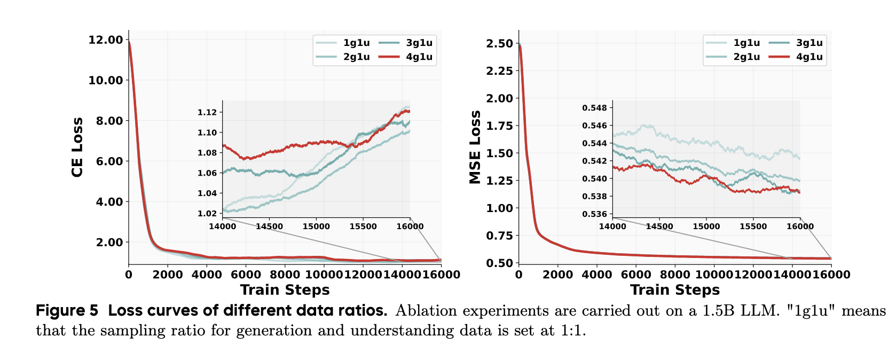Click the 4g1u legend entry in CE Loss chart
pyautogui.click(x=419, y=57)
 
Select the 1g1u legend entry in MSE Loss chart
pyautogui.click(x=746, y=43)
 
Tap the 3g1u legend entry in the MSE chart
pyautogui.click(x=808, y=43)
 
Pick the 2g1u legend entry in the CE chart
pyautogui.click(x=356, y=57)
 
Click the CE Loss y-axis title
pyautogui.click(x=77, y=147)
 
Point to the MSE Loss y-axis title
pyautogui.click(x=475, y=147)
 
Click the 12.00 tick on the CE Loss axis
pyautogui.click(x=106, y=40)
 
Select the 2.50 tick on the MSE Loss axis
pyautogui.click(x=499, y=43)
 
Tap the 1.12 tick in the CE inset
pyautogui.click(x=207, y=112)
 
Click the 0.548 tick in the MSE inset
pyautogui.click(x=594, y=108)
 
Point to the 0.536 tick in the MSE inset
pyautogui.click(x=594, y=214)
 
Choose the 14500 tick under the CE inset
pyautogui.click(x=269, y=226)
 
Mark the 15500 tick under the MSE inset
pyautogui.click(x=753, y=226)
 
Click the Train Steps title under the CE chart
pyautogui.click(x=285, y=290)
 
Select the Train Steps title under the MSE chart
pyautogui.click(x=675, y=290)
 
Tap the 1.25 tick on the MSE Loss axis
pyautogui.click(x=499, y=181)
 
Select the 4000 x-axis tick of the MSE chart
pyautogui.click(x=596, y=275)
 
